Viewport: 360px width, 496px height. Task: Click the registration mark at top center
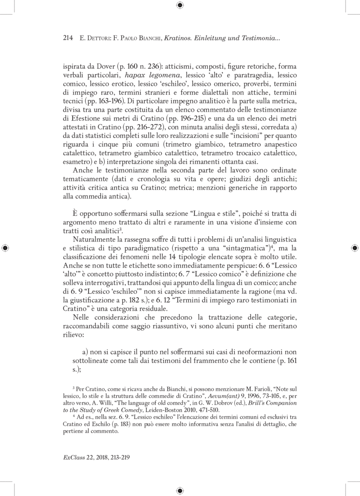point(180,5)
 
